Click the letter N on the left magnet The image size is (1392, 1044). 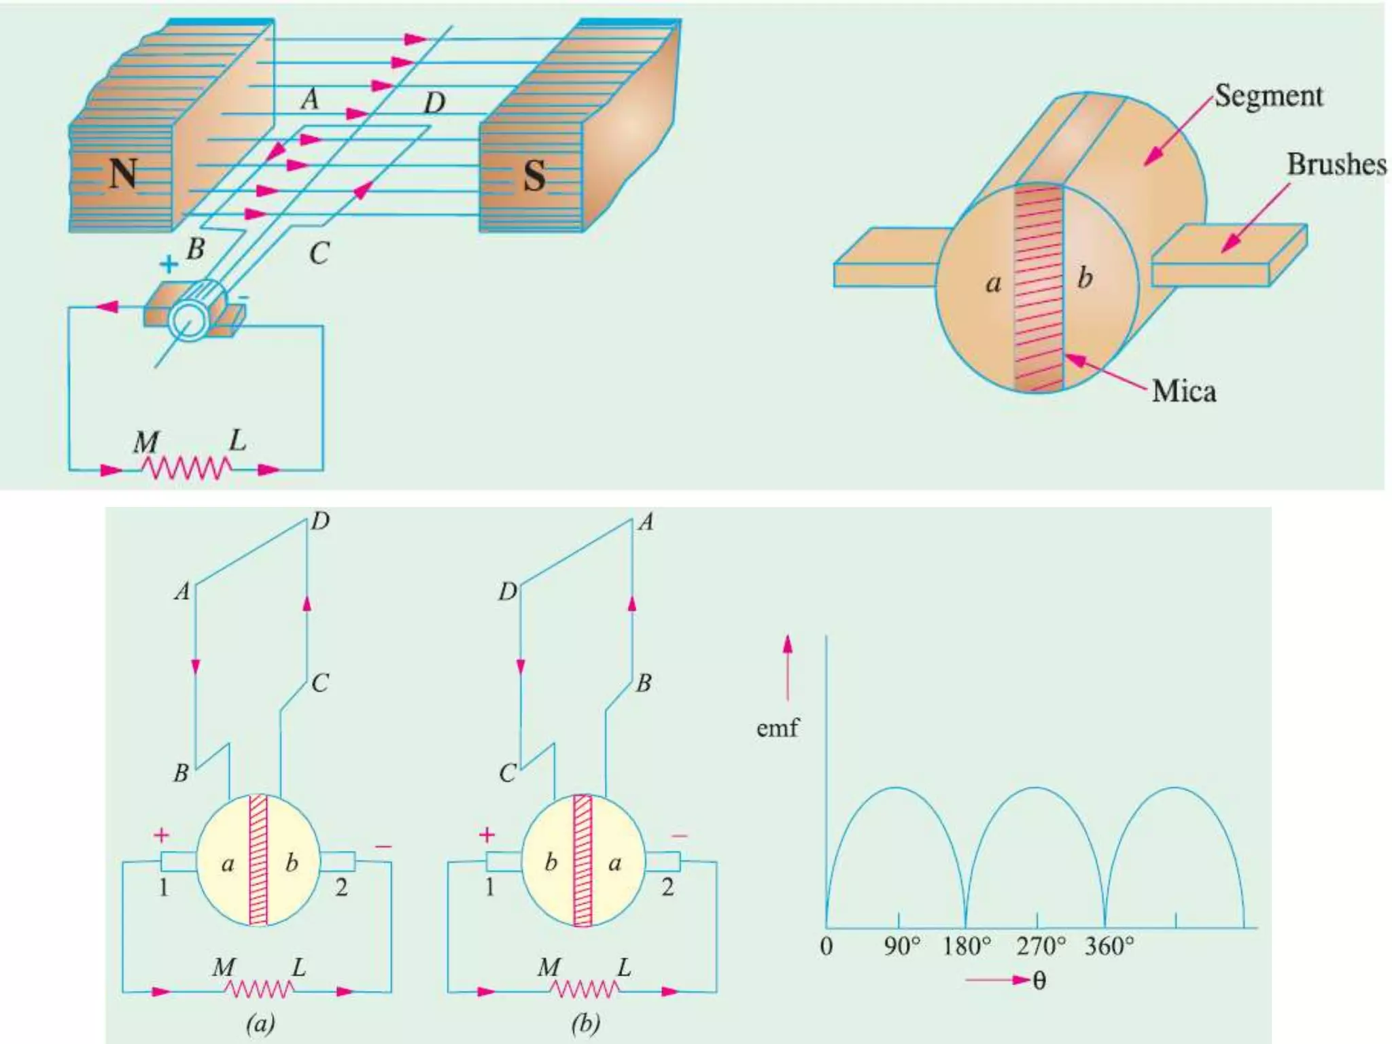[123, 174]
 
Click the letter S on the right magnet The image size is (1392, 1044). [534, 177]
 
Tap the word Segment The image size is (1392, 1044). [1268, 96]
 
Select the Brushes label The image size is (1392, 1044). [1336, 165]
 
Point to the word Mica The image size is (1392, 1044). [1184, 391]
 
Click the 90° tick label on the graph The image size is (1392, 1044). [902, 946]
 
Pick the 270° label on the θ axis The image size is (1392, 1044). [1041, 946]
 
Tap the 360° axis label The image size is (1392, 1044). [1109, 946]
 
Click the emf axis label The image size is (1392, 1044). [777, 729]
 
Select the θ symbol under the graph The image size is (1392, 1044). [1039, 981]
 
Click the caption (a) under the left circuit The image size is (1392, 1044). [261, 1024]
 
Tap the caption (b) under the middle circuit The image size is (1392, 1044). [586, 1024]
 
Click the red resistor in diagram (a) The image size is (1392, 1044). [259, 989]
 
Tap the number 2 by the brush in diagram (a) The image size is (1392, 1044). [341, 887]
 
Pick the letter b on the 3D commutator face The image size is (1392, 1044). [1085, 278]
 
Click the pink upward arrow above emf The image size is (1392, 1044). [788, 666]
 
